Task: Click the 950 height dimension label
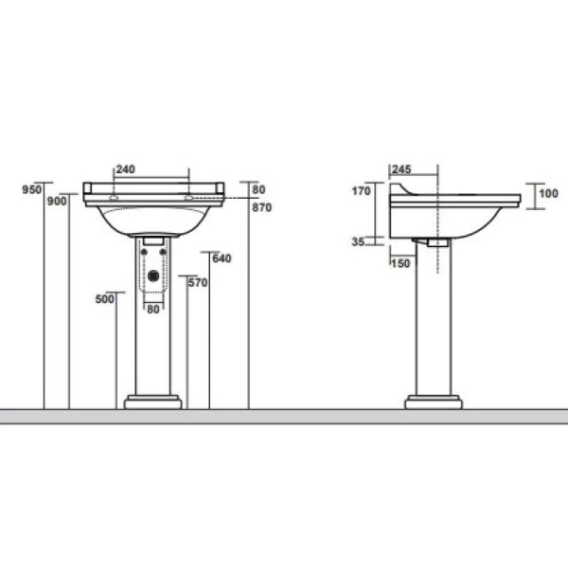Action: click(32, 189)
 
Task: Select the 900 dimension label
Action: click(57, 201)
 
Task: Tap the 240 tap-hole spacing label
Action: click(125, 169)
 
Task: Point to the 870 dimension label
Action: click(262, 207)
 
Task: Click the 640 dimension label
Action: click(222, 258)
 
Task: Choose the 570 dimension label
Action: click(198, 282)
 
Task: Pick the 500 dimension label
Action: click(105, 299)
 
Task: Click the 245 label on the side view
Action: click(401, 169)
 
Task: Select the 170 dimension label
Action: click(362, 191)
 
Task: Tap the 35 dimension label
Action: click(358, 241)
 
